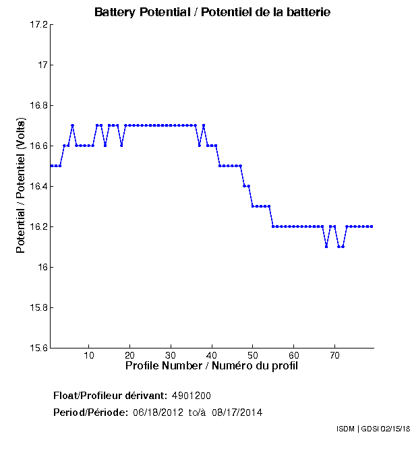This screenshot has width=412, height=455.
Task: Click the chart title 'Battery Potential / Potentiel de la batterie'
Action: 212,13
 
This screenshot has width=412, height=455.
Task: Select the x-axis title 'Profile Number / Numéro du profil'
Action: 212,366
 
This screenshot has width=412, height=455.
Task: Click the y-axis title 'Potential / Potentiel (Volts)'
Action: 21,187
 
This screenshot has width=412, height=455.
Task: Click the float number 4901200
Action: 196,395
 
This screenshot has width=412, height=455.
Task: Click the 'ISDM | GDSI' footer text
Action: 357,429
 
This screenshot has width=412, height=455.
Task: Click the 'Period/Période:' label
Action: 90,412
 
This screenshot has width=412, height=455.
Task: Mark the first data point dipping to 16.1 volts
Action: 326,247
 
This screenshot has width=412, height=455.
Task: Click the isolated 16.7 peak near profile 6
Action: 72,125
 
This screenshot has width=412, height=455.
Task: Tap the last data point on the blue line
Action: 372,226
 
